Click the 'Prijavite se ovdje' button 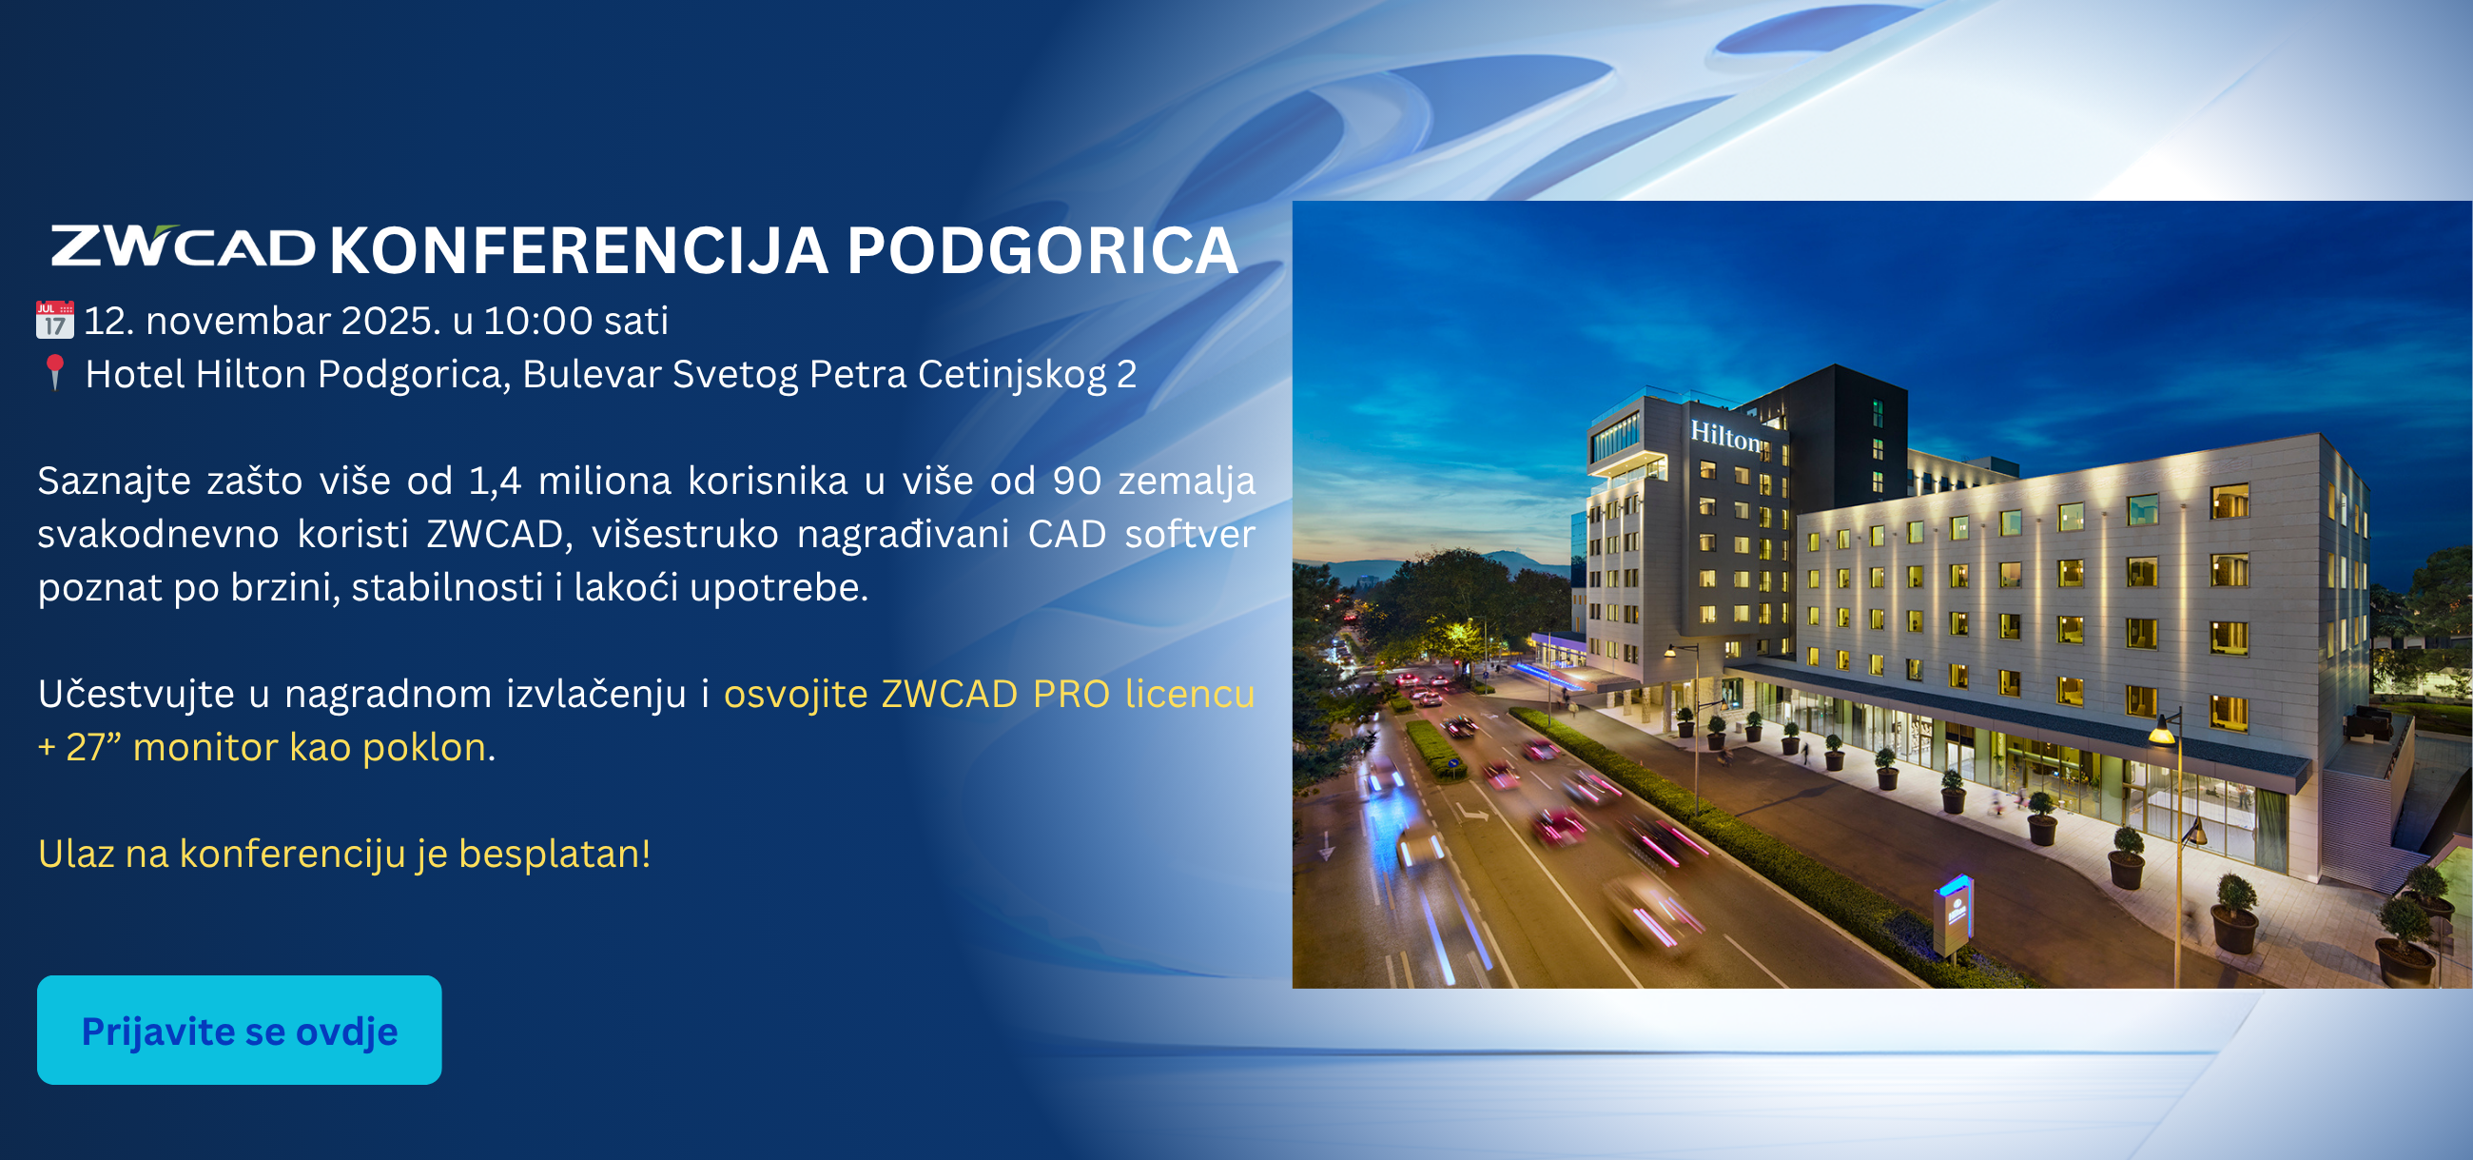239,1031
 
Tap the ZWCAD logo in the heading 183,246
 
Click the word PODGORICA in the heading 1042,250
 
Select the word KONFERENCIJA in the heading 579,250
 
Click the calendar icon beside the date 55,320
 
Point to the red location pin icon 55,373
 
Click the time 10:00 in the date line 537,321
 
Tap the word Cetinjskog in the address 1012,376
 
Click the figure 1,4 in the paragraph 496,482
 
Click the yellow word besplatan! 555,854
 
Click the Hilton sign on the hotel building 1726,436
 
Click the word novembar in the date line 238,321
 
